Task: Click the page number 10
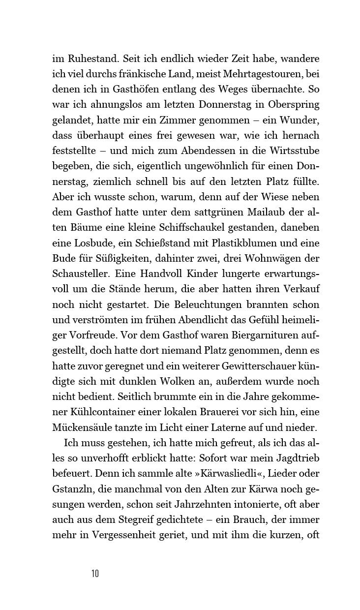coord(95,574)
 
